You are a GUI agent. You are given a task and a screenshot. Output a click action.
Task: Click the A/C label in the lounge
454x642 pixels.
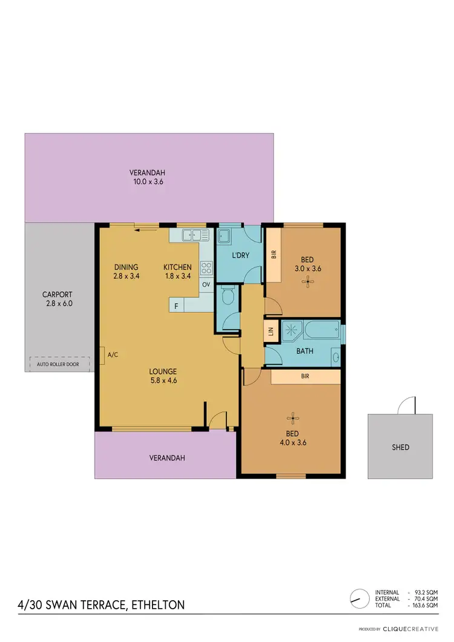[112, 355]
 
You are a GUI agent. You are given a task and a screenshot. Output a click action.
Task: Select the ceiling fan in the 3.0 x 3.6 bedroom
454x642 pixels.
[309, 280]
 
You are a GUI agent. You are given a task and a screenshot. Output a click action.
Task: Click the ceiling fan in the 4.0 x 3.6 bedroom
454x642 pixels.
[294, 416]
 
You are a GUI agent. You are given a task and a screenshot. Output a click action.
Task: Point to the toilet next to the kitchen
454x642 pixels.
[227, 297]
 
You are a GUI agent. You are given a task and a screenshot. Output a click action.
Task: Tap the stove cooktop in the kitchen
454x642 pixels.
[206, 267]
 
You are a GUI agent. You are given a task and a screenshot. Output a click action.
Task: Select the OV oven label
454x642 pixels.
[206, 284]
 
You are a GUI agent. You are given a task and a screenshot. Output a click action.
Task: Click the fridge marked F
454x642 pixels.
[176, 306]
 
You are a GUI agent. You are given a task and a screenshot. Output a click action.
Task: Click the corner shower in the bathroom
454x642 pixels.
[291, 331]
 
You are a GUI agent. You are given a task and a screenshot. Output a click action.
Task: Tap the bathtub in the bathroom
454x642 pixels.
[319, 332]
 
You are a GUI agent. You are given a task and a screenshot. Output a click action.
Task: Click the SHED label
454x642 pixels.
[400, 447]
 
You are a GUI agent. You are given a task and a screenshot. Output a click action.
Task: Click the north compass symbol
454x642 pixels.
[360, 598]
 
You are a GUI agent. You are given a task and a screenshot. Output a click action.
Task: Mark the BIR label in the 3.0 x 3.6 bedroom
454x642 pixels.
[273, 255]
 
